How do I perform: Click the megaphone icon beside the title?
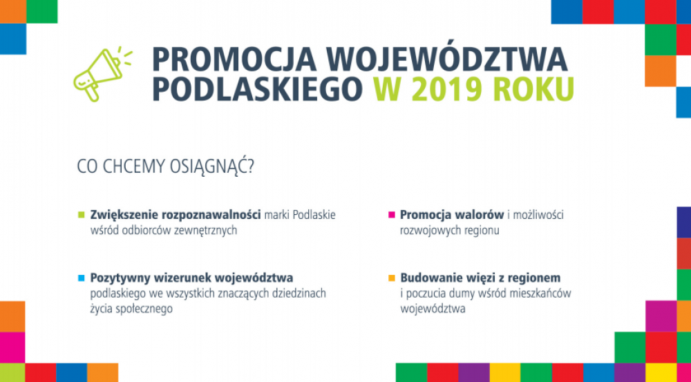tap(100, 74)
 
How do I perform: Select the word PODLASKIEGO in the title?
tap(257, 89)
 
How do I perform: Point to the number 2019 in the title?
tap(454, 89)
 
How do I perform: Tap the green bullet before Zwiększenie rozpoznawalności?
tap(81, 215)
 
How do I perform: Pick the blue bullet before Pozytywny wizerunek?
tap(81, 278)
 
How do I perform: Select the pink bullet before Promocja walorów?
tap(391, 215)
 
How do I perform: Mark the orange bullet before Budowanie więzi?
tap(391, 278)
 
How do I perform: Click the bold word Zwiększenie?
tap(124, 216)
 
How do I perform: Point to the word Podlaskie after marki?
tap(314, 215)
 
